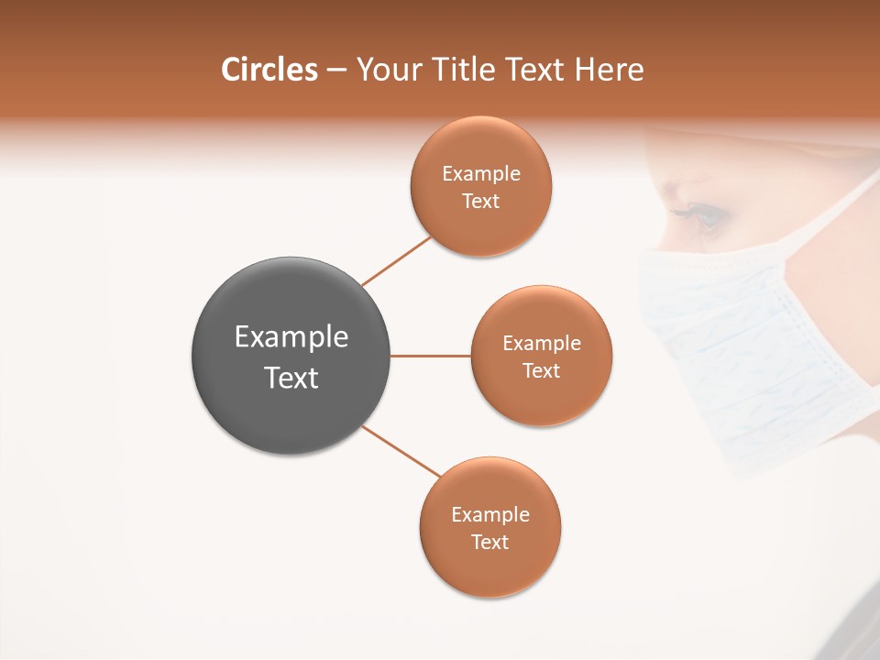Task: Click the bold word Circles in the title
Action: click(x=269, y=70)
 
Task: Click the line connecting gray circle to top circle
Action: click(x=396, y=261)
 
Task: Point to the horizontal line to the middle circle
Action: click(x=430, y=356)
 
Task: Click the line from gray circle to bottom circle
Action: click(x=401, y=451)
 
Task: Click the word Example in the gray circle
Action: click(x=291, y=337)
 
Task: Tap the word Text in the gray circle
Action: click(x=291, y=378)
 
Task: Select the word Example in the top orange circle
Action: click(x=481, y=174)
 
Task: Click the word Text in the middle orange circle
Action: click(x=542, y=371)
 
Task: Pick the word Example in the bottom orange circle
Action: click(x=490, y=515)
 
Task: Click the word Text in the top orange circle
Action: click(x=481, y=202)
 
